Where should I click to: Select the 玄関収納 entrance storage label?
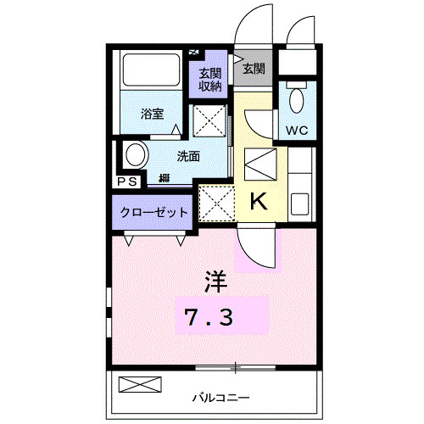[210, 79]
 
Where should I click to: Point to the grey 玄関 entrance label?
[253, 69]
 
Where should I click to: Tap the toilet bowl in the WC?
[295, 100]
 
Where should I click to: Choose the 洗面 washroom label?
[188, 156]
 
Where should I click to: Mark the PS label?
[127, 181]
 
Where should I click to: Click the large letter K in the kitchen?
[259, 202]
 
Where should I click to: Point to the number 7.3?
[210, 318]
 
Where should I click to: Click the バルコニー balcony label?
[220, 397]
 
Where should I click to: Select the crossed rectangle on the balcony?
[138, 384]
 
